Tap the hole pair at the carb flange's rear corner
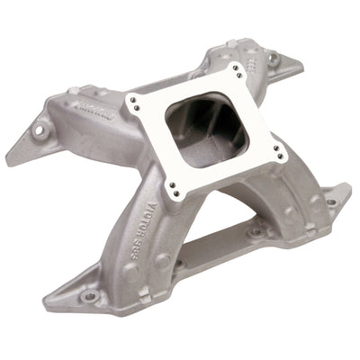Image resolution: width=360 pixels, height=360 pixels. coord(236,70)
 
